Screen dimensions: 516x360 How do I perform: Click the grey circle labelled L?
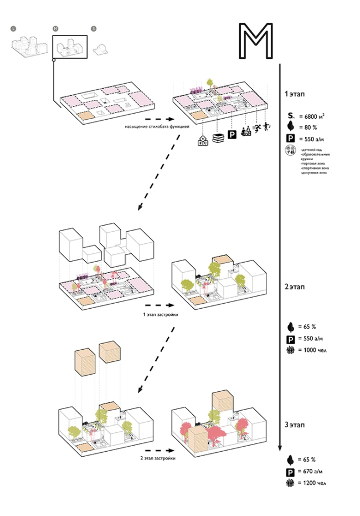tap(13, 28)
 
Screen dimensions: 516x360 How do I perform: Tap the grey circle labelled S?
tap(94, 28)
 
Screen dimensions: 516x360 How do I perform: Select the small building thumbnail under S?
tap(101, 48)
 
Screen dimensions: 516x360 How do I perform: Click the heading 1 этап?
tap(294, 95)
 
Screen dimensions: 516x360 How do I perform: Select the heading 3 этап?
tap(294, 425)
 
